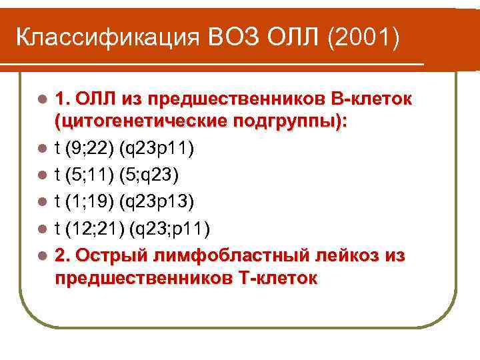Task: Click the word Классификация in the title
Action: tap(101, 38)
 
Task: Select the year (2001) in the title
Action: tap(363, 38)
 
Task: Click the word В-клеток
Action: tap(370, 99)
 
